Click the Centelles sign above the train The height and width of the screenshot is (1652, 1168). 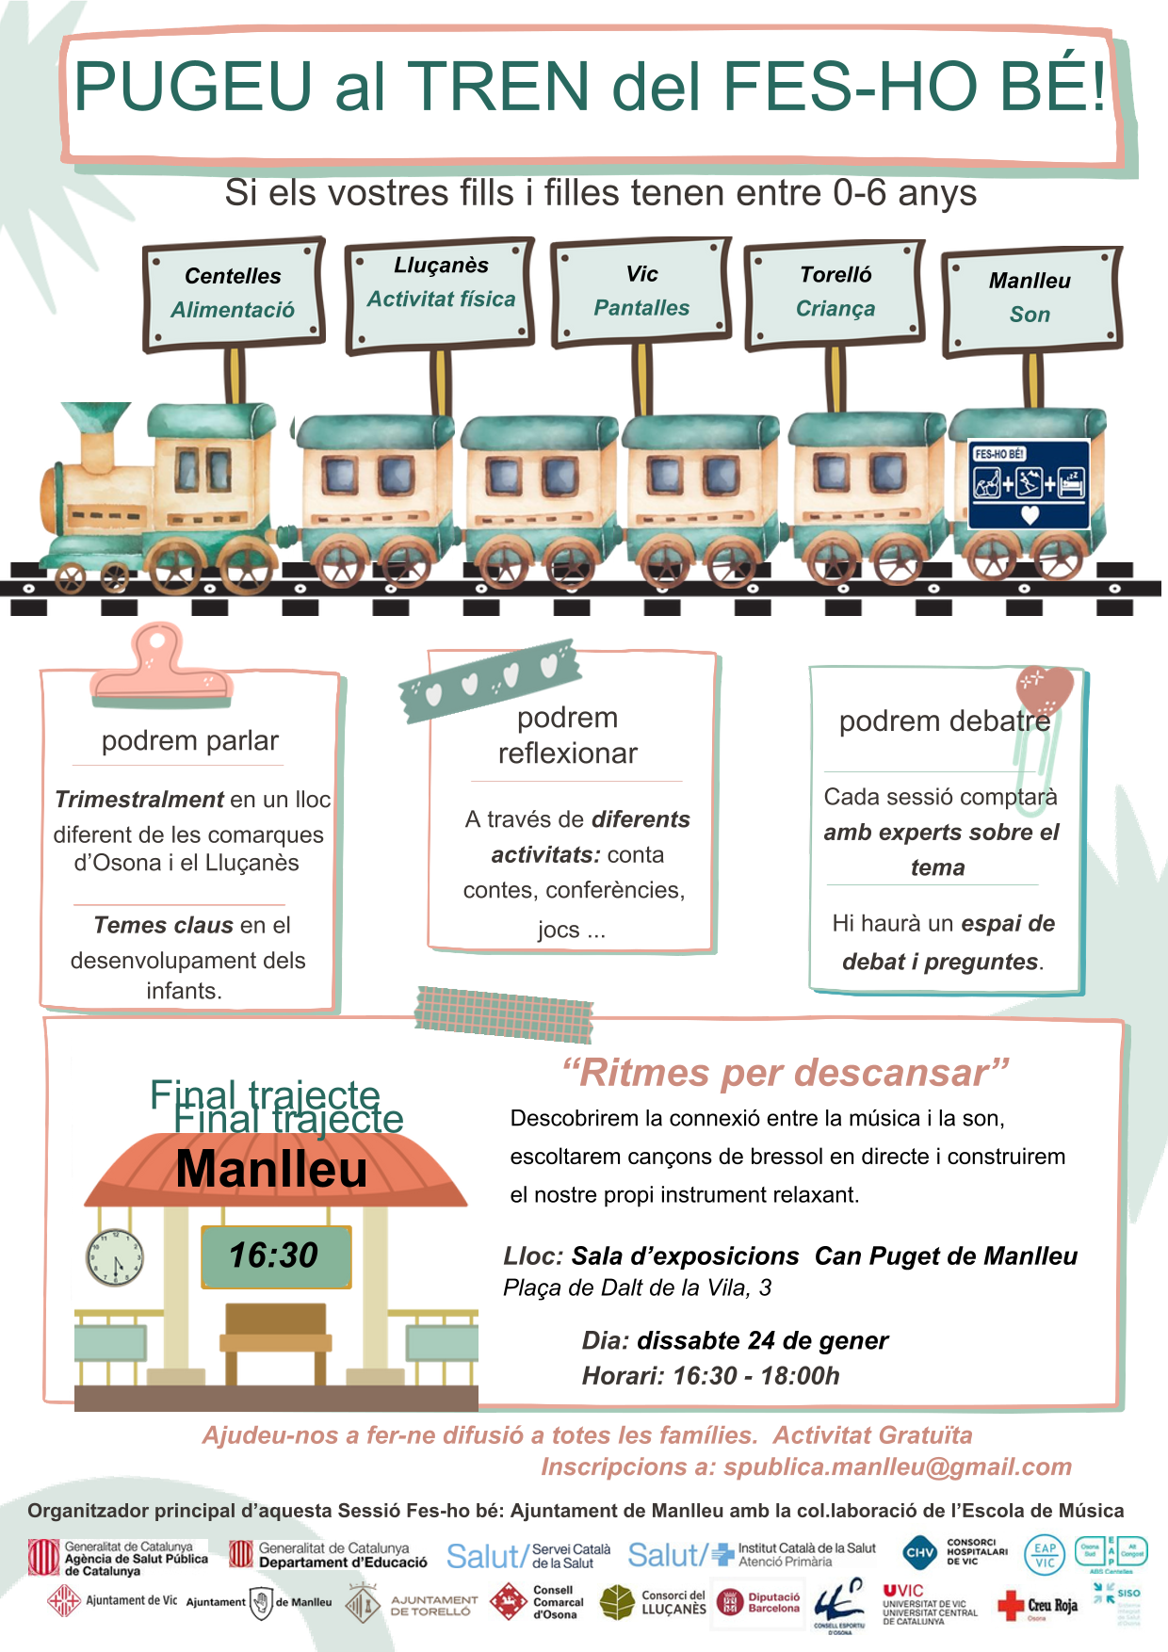(x=234, y=292)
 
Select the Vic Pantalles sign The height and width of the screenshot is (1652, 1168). (x=641, y=291)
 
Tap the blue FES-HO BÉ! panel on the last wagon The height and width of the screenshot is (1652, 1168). (x=1029, y=484)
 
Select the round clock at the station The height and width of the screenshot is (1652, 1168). (x=115, y=1258)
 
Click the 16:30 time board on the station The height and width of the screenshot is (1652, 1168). (x=275, y=1255)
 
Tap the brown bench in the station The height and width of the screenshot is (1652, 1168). (x=275, y=1337)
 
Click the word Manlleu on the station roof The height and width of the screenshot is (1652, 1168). (x=272, y=1170)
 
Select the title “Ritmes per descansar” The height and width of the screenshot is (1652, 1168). (x=786, y=1073)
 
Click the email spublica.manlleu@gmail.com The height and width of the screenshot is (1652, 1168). (x=898, y=1466)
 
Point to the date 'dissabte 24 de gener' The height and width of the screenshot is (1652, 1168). (x=762, y=1340)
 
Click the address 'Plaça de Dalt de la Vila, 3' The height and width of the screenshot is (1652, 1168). (x=637, y=1288)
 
